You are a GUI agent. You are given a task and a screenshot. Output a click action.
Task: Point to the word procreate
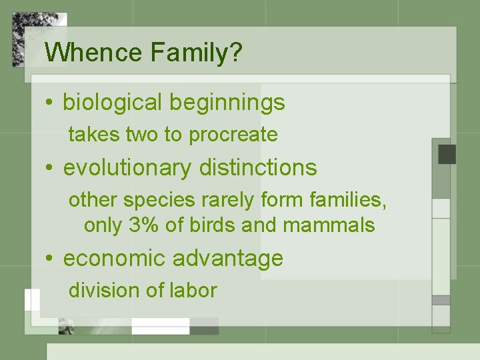(x=233, y=135)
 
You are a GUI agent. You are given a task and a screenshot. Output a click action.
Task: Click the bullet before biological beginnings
(x=50, y=103)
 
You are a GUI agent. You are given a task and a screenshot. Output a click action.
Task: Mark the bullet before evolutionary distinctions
(x=50, y=168)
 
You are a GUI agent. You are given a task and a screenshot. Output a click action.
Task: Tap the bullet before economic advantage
(x=50, y=259)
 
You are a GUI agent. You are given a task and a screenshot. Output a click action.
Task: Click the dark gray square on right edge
(x=447, y=154)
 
